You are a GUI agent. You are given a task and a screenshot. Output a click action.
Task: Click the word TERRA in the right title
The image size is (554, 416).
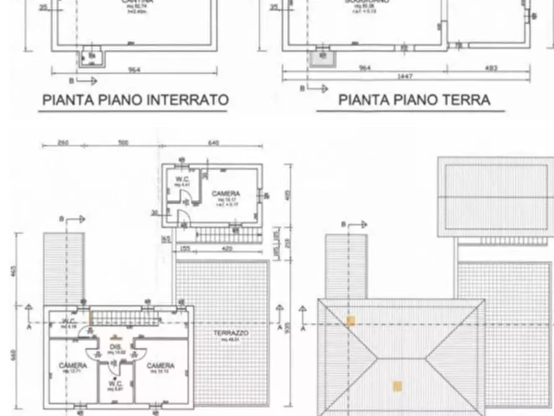465,99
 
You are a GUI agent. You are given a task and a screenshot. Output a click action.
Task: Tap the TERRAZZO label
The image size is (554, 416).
231,333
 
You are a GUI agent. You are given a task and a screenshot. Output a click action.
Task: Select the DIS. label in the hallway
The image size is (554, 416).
115,346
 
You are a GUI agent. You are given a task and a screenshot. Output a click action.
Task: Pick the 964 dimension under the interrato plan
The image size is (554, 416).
135,70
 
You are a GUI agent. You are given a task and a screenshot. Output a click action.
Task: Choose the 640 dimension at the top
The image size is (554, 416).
213,143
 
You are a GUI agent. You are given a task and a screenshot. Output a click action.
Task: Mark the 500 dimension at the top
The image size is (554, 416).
123,143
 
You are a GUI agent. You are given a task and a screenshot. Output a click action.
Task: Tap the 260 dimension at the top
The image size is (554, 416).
63,143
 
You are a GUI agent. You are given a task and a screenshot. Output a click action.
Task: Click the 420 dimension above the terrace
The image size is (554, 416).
227,250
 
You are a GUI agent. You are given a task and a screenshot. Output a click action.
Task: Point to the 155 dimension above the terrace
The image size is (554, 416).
184,250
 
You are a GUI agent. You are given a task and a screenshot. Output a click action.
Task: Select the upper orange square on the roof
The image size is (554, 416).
351,321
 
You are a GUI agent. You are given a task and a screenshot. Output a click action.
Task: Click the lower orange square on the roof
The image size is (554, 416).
398,386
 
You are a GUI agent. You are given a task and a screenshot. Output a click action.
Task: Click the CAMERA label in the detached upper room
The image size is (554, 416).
226,194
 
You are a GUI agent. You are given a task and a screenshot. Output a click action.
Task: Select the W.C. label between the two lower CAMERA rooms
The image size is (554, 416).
115,383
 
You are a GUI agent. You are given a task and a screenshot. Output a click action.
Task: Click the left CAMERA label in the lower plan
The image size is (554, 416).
73,366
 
